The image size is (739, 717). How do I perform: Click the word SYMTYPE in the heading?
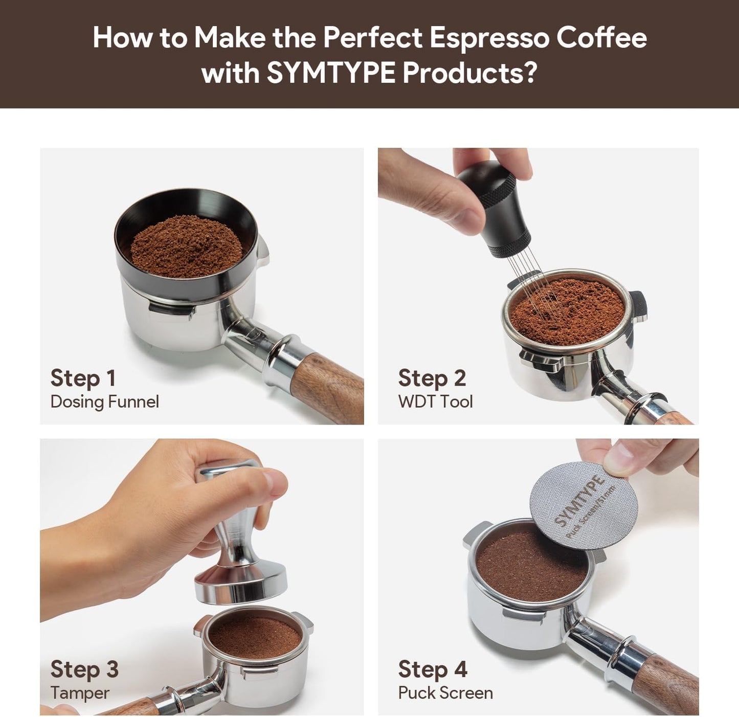pos(330,73)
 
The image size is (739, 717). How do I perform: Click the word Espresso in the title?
pos(489,37)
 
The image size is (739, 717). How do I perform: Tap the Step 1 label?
pos(83,378)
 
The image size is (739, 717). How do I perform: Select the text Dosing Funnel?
pos(104,401)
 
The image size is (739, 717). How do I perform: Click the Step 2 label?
pos(432,378)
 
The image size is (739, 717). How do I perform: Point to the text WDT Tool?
pos(435,401)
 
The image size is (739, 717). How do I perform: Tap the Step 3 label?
pos(84,669)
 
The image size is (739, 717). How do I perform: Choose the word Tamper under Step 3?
pos(80,693)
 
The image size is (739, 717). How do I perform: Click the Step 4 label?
pos(433,669)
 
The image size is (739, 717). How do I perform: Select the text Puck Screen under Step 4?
pos(445,693)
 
